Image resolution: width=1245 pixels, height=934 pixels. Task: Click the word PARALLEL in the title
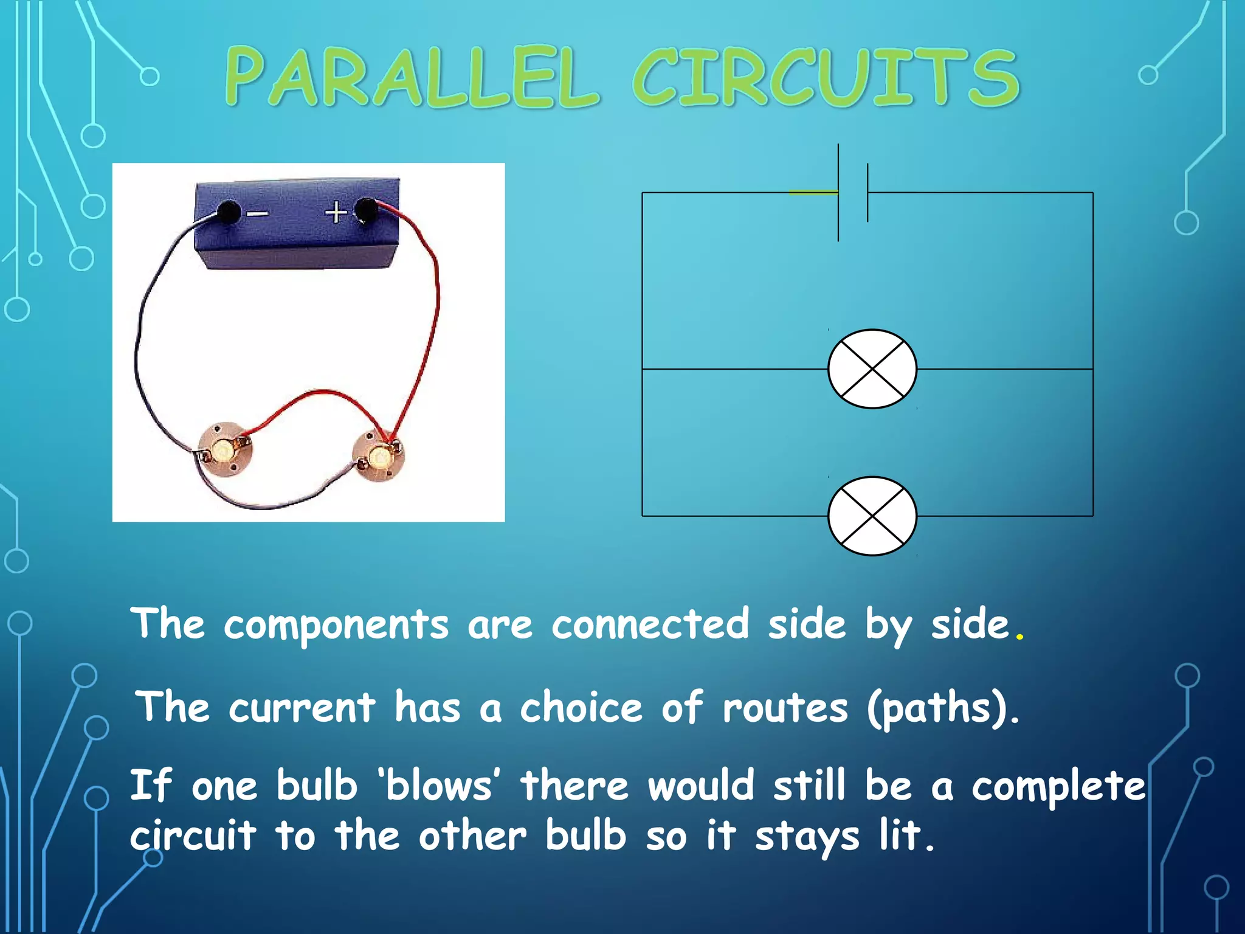[x=412, y=78]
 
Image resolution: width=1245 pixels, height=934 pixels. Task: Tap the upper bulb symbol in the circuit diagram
[x=872, y=369]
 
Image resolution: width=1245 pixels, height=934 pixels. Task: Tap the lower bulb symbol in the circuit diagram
[x=872, y=516]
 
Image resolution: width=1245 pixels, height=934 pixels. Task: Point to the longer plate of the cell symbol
[x=838, y=192]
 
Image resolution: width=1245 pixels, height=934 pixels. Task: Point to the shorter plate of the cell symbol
[x=867, y=192]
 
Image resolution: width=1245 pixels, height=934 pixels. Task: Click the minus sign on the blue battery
[x=258, y=213]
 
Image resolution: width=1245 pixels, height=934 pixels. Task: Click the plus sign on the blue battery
[x=336, y=213]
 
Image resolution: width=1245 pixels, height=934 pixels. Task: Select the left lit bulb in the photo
[x=224, y=451]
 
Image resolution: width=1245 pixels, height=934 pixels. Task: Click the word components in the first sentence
[x=336, y=625]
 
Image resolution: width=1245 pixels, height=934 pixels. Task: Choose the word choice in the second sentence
[x=581, y=708]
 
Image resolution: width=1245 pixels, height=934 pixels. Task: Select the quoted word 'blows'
[x=439, y=786]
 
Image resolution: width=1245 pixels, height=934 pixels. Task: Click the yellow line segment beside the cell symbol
[x=813, y=192]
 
